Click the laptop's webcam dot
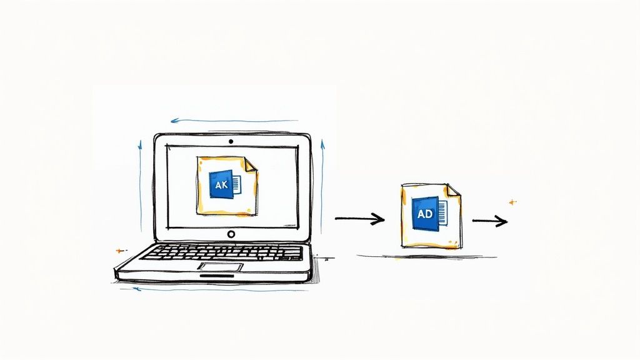tap(231, 142)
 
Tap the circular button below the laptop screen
tap(231, 234)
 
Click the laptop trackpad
tap(221, 267)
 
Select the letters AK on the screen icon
tap(221, 185)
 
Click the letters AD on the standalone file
tap(425, 214)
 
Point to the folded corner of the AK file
tap(251, 164)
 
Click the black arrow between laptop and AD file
tap(359, 219)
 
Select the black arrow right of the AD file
tap(490, 221)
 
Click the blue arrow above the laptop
tap(234, 121)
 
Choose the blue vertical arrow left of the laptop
tap(141, 186)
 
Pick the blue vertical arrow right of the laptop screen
tap(322, 186)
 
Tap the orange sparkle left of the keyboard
tap(119, 251)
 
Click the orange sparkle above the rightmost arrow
tap(512, 202)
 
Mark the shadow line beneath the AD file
tap(427, 257)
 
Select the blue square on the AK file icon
tap(221, 184)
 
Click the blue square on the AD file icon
tap(425, 214)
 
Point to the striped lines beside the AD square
tap(443, 212)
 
